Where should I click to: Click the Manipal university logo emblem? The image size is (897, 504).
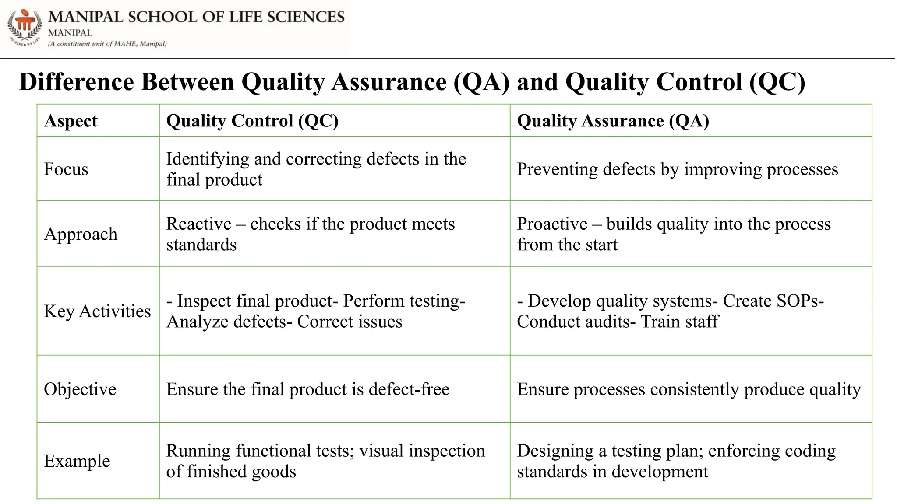[x=25, y=26]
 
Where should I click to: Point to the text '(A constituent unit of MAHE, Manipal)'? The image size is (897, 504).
[x=107, y=44]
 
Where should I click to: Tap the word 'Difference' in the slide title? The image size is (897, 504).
[x=77, y=82]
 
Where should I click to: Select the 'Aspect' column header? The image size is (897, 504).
[x=71, y=121]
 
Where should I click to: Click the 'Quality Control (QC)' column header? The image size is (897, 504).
[x=252, y=121]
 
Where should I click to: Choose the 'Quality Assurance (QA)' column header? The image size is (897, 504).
[x=613, y=121]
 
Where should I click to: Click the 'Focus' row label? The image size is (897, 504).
[x=66, y=169]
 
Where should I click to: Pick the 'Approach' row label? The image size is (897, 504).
[x=81, y=234]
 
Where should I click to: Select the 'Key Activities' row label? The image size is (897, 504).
[x=97, y=311]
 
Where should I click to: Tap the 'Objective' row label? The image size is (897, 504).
[x=80, y=389]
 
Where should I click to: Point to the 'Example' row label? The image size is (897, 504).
[x=77, y=461]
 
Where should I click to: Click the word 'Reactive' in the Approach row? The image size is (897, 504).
[x=199, y=224]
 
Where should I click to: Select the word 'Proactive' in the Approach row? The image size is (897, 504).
[x=552, y=224]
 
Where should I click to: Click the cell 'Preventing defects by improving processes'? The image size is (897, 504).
[x=677, y=169]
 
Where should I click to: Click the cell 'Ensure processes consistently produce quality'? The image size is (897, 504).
[x=689, y=389]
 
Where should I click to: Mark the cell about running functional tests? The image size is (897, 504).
[x=325, y=461]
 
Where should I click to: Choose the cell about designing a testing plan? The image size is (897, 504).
[x=676, y=461]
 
